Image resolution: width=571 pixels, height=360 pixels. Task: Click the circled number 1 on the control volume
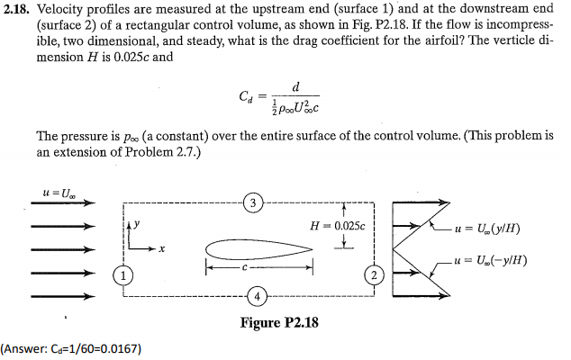(x=123, y=276)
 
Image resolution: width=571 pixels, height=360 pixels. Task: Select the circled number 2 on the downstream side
(x=374, y=274)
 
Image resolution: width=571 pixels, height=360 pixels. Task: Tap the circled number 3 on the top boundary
(x=253, y=203)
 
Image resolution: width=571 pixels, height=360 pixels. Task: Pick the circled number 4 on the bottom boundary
(x=257, y=296)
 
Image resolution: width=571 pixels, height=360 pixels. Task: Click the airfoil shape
(x=258, y=249)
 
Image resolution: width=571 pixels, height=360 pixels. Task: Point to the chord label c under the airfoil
(x=245, y=268)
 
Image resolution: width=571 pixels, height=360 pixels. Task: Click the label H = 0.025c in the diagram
(x=337, y=227)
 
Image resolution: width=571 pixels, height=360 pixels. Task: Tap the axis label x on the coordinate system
(x=162, y=249)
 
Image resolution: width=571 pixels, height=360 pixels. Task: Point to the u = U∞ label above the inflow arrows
(x=59, y=193)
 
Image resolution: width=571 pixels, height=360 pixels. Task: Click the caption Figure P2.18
(x=279, y=322)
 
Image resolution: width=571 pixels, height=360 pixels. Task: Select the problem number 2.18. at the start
(x=15, y=9)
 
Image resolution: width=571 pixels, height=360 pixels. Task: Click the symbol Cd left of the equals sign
(x=246, y=96)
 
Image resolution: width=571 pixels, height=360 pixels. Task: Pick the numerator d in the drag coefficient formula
(x=295, y=87)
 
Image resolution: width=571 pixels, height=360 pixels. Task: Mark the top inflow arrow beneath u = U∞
(x=63, y=202)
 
